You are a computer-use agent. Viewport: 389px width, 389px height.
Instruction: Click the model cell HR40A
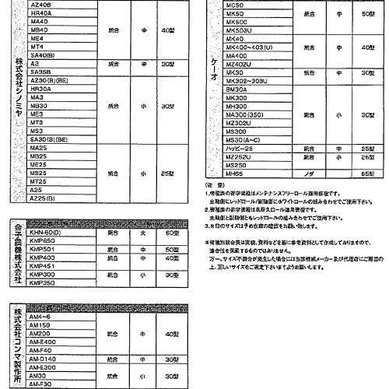39,13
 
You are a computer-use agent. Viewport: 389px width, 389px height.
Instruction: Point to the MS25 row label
37,172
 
